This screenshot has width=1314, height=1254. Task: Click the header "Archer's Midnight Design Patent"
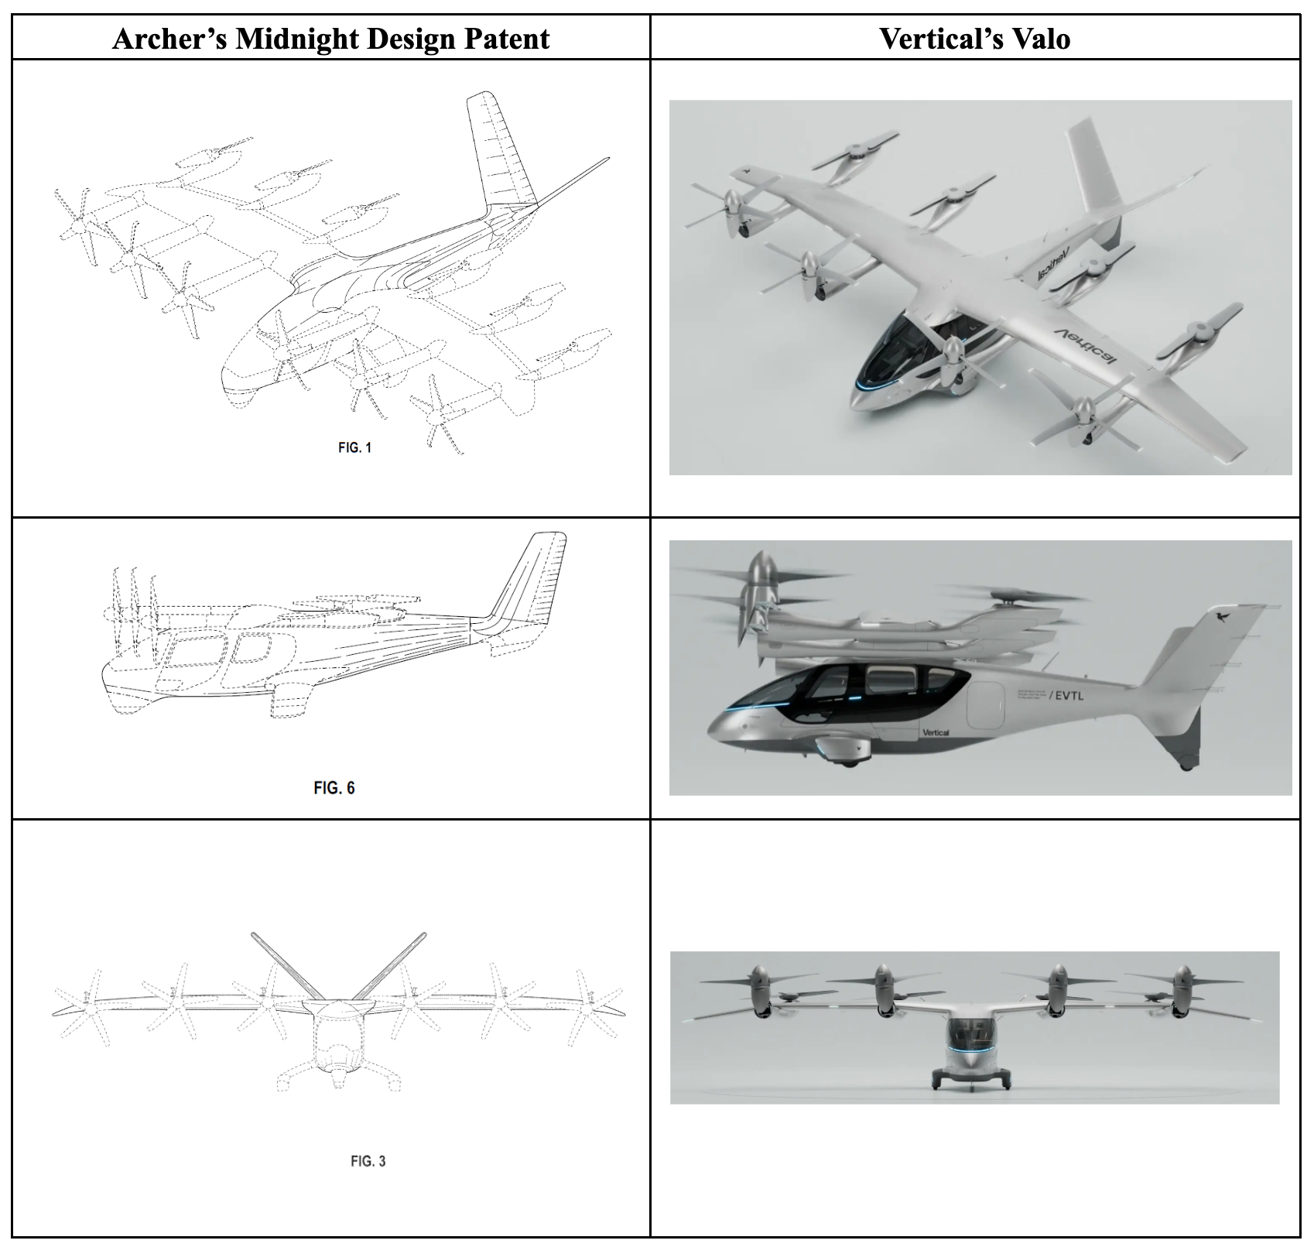[330, 38]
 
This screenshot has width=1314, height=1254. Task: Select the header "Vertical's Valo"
[974, 38]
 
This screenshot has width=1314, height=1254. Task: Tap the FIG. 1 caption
[354, 447]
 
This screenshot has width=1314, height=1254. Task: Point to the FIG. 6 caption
[334, 787]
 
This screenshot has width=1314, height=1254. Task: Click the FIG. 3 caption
[368, 1160]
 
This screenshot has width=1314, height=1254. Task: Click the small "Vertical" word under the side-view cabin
[936, 732]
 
